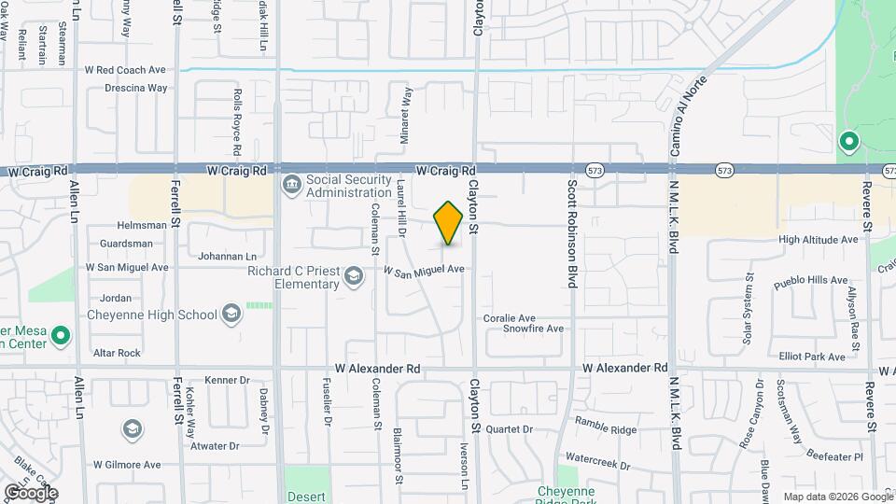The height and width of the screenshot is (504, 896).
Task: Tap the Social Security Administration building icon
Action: pos(291,185)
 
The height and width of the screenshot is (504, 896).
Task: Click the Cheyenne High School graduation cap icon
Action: pos(230,315)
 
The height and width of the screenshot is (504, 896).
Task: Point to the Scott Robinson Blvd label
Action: pos(571,233)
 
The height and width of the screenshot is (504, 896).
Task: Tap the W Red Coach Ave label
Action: pos(125,70)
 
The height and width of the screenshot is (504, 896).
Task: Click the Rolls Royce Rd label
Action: pos(237,122)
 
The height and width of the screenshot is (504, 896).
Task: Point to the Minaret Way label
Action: pos(407,115)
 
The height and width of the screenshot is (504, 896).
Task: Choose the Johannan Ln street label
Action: pos(225,256)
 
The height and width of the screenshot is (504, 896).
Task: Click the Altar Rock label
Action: pos(117,353)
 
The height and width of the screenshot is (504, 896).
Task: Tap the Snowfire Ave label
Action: pos(534,329)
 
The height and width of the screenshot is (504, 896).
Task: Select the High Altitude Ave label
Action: pos(818,240)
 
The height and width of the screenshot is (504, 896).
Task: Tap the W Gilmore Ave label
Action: pos(127,464)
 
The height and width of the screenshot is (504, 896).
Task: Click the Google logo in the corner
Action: pos(30,492)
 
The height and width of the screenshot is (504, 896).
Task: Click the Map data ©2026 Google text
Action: pos(836,497)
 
